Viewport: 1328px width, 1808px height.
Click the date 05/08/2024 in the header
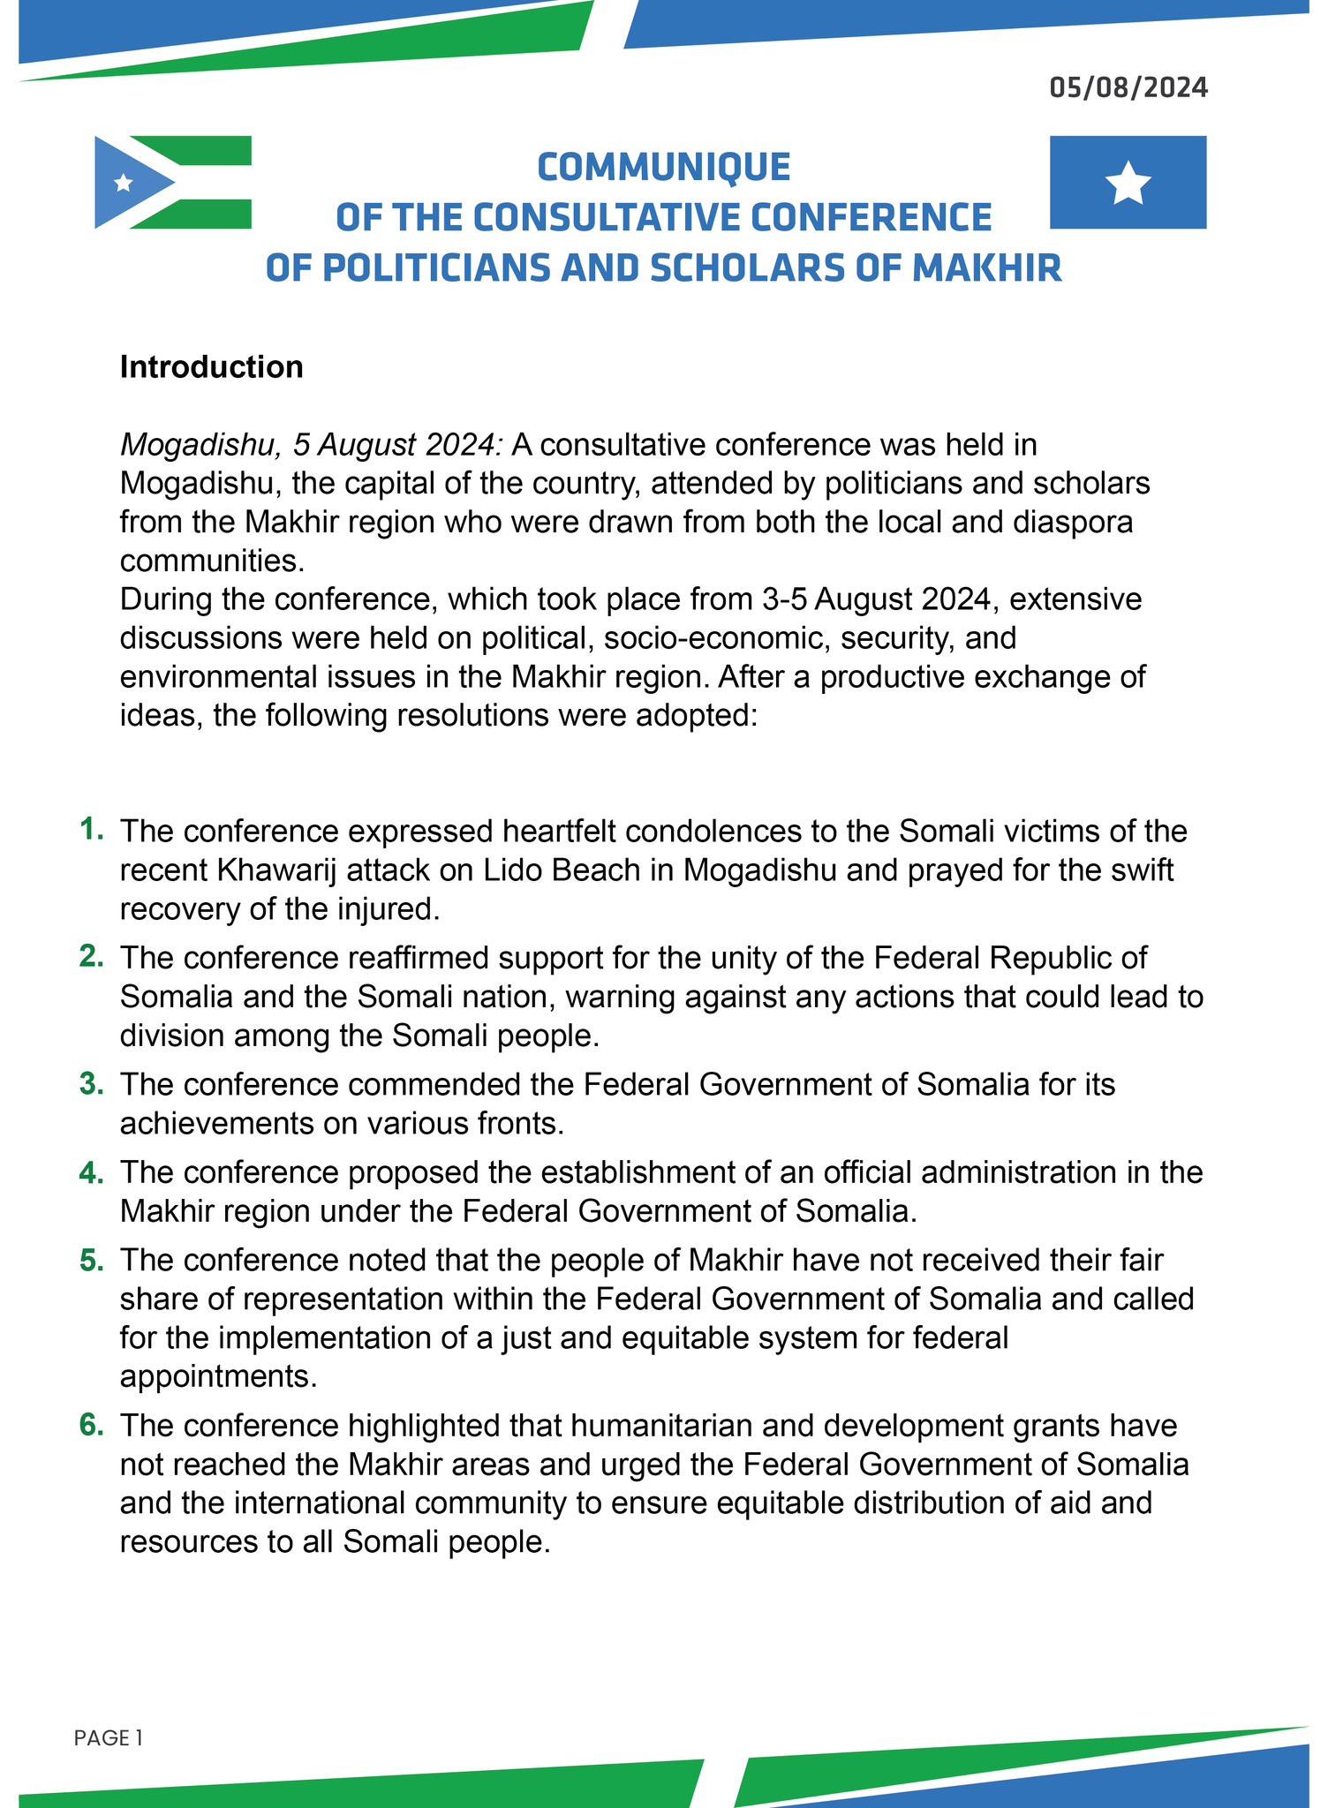[x=1128, y=87]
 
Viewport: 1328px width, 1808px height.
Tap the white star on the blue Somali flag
[x=1128, y=184]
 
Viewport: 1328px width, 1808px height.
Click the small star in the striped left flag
[x=124, y=183]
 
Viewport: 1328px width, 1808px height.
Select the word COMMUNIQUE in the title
[x=664, y=167]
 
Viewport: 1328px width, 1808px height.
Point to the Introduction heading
[x=212, y=366]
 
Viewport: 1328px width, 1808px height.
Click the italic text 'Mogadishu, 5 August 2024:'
[x=312, y=444]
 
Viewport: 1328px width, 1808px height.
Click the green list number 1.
[x=92, y=829]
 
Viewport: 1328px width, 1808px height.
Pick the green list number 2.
[x=92, y=956]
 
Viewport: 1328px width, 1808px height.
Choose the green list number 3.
[x=92, y=1083]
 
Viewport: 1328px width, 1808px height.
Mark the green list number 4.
[x=92, y=1171]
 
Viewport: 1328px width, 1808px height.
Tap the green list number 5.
[x=92, y=1260]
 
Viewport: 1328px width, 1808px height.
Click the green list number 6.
[x=92, y=1425]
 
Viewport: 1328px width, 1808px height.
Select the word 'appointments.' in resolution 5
[x=218, y=1376]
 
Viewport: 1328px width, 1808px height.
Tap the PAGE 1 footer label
[x=109, y=1738]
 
